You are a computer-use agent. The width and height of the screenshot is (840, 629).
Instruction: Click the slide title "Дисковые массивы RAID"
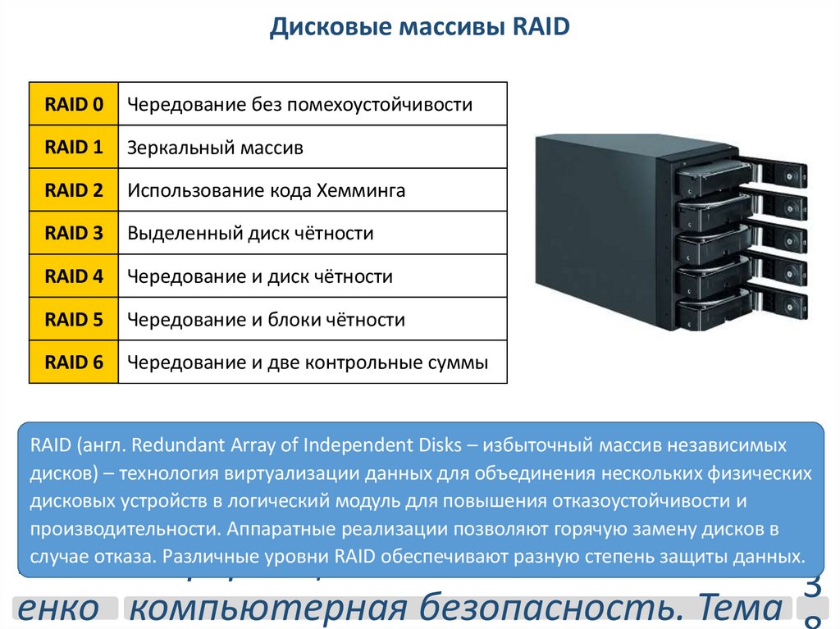(x=419, y=29)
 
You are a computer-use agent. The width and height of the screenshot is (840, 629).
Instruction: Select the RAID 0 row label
(x=74, y=104)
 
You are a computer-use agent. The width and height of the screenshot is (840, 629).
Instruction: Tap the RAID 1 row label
(x=74, y=148)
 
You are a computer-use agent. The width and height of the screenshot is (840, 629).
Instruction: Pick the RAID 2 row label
(x=74, y=190)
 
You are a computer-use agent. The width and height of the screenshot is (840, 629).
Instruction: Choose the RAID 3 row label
(x=74, y=234)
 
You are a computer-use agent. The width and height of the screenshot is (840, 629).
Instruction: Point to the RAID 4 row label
(x=74, y=276)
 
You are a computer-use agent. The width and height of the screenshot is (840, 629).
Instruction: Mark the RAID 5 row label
(x=74, y=319)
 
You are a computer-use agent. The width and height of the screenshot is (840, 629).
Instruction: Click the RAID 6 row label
(x=74, y=362)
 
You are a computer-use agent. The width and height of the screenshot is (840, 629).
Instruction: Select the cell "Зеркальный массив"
(x=215, y=148)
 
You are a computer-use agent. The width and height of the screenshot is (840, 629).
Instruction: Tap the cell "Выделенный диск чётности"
(x=250, y=234)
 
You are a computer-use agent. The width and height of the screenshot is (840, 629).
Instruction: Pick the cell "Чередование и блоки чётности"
(x=266, y=320)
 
